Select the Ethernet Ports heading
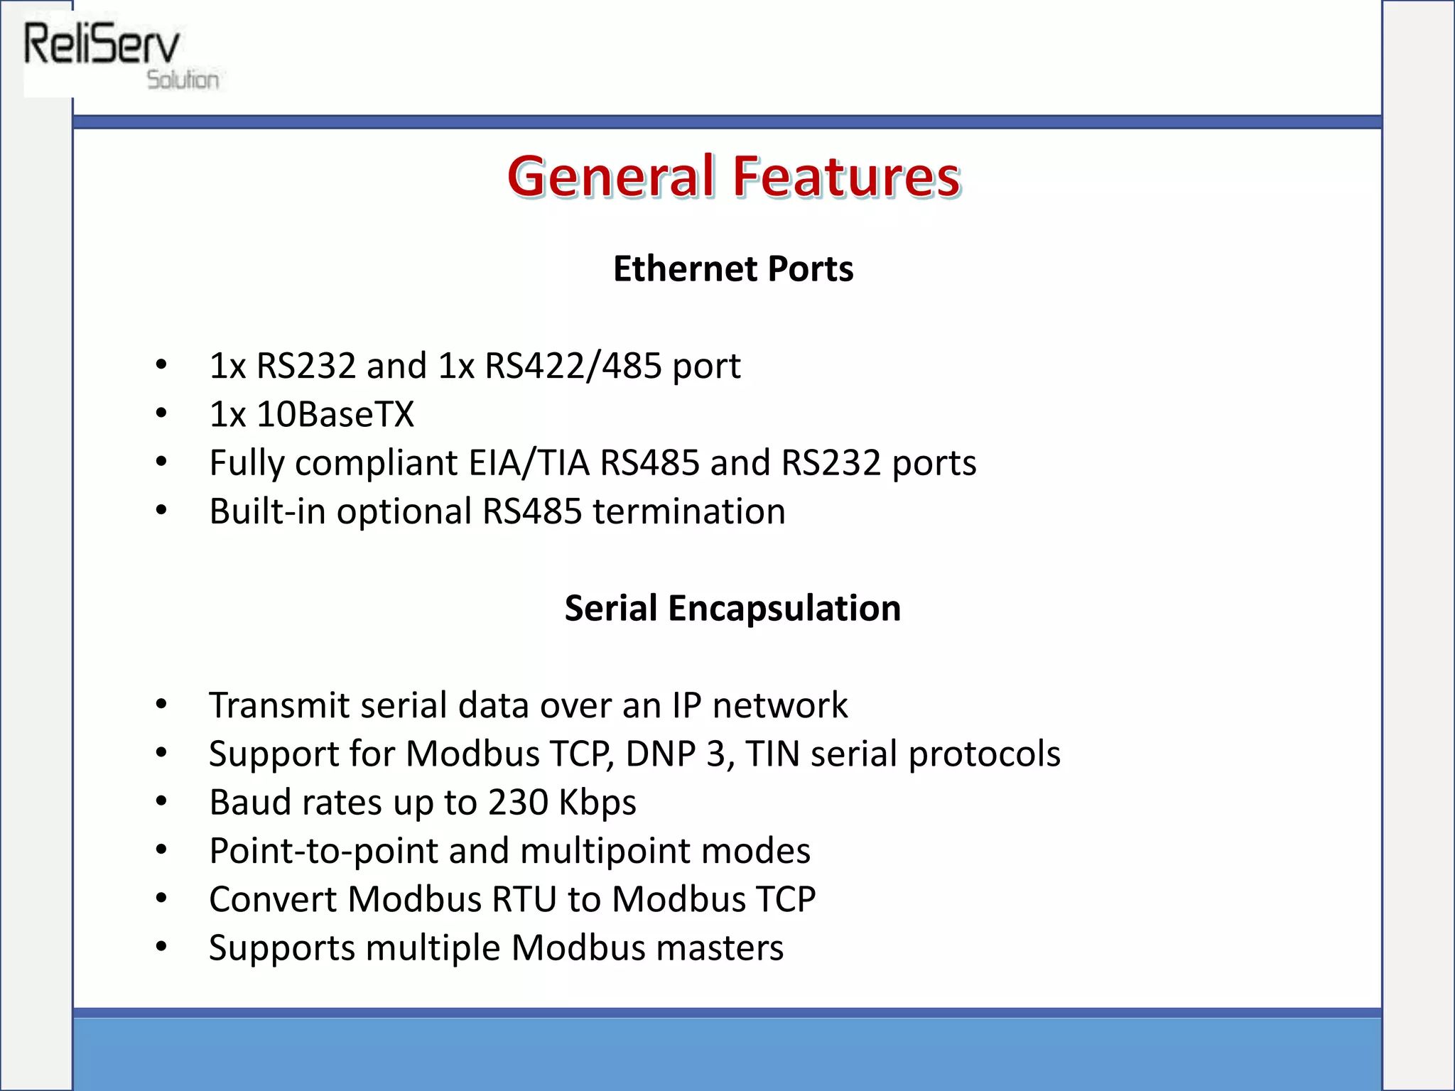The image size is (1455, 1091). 733,269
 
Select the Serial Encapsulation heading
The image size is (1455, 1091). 732,609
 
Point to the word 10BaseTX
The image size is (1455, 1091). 335,414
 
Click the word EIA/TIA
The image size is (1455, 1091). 529,463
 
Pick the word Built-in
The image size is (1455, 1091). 268,511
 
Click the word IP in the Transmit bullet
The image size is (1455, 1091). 686,705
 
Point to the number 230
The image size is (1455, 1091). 518,803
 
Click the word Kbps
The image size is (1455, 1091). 597,803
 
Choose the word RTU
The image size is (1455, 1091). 524,899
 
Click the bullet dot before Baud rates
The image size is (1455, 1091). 161,802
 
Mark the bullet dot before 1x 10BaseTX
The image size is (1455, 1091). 161,413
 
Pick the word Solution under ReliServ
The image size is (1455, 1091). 183,80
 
